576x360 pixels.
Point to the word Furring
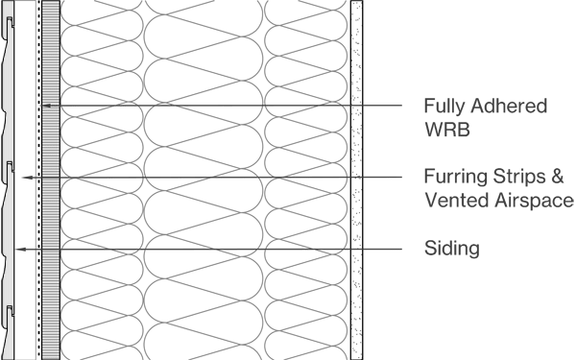click(452, 178)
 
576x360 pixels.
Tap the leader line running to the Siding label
click(240, 249)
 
